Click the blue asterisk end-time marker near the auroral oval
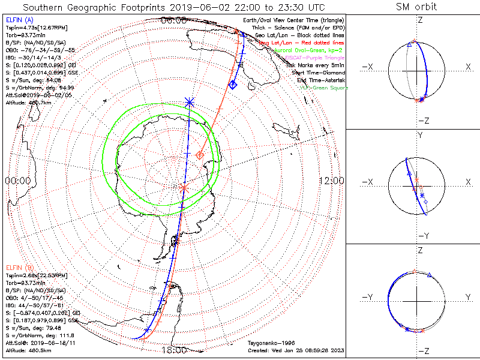pyautogui.click(x=190, y=103)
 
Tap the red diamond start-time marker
pyautogui.click(x=200, y=156)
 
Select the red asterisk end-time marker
pyautogui.click(x=184, y=188)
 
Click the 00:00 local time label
pyautogui.click(x=17, y=181)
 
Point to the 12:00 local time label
pyautogui.click(x=331, y=181)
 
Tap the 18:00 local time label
pyautogui.click(x=175, y=350)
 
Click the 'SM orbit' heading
pyautogui.click(x=416, y=7)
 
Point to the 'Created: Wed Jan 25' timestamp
pyautogui.click(x=296, y=350)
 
